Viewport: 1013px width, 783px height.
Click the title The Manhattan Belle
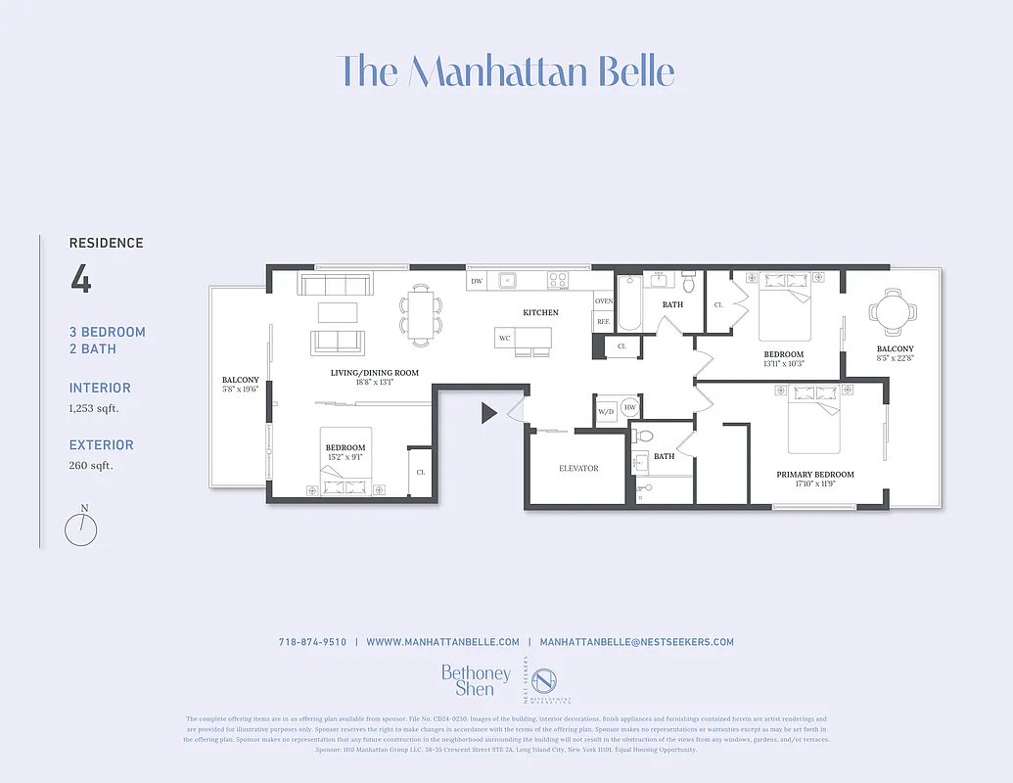click(506, 71)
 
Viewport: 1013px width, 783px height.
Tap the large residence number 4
click(80, 280)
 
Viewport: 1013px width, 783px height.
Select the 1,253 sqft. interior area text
click(94, 408)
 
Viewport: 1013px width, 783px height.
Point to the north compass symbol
click(81, 530)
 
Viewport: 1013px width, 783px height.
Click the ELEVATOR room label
click(578, 469)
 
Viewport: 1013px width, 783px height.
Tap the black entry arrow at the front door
click(489, 413)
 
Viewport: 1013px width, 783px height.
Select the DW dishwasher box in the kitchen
click(477, 282)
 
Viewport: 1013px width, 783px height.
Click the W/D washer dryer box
click(606, 411)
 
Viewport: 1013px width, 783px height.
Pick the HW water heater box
click(630, 408)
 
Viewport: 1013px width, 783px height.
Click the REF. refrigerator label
click(604, 322)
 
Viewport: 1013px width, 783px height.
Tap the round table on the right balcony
click(894, 313)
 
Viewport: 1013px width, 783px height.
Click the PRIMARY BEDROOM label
click(815, 475)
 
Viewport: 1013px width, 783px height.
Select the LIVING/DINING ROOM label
click(374, 373)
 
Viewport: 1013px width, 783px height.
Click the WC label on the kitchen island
click(505, 338)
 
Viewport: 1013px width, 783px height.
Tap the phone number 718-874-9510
click(312, 642)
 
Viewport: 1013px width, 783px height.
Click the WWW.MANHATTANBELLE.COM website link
click(442, 642)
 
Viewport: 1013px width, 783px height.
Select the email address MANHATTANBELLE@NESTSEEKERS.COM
click(636, 642)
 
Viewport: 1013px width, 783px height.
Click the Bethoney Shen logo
click(476, 680)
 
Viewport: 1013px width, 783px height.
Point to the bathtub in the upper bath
click(629, 304)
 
